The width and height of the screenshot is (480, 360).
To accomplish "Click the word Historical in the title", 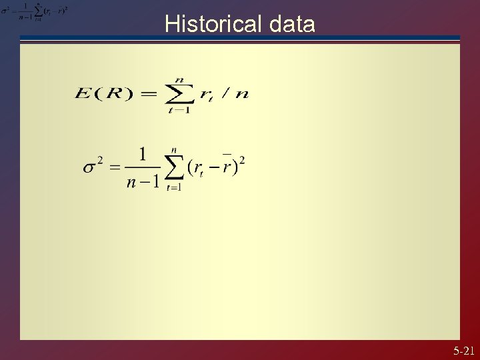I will pyautogui.click(x=214, y=25).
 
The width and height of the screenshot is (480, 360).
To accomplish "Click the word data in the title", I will pyautogui.click(x=292, y=25).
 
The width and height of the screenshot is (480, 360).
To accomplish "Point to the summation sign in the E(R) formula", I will pyautogui.click(x=178, y=94).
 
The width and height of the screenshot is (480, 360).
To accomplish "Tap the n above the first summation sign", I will pyautogui.click(x=179, y=80).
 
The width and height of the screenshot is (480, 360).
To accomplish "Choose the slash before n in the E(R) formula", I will pyautogui.click(x=225, y=94).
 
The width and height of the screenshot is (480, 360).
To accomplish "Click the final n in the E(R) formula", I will pyautogui.click(x=241, y=94).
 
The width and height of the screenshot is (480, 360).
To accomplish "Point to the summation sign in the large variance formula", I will pyautogui.click(x=174, y=167).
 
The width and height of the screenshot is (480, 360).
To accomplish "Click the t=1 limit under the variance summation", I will pyautogui.click(x=173, y=187).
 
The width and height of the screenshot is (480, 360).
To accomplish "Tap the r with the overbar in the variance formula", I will pyautogui.click(x=227, y=166).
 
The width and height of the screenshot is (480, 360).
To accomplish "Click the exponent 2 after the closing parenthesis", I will pyautogui.click(x=242, y=160).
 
